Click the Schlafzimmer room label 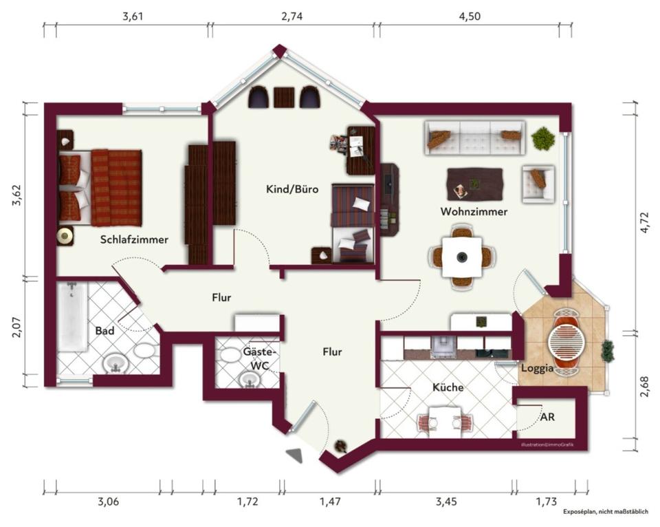coord(134,239)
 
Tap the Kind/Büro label coord(292,189)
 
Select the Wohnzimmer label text coord(474,212)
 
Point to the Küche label coord(448,387)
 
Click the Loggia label coord(537,368)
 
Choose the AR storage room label coord(547,417)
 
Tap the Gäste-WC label coord(259,358)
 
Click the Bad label coord(104,331)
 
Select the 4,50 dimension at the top coord(469,17)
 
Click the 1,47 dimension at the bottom coord(330,502)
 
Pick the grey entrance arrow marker coord(295,455)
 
